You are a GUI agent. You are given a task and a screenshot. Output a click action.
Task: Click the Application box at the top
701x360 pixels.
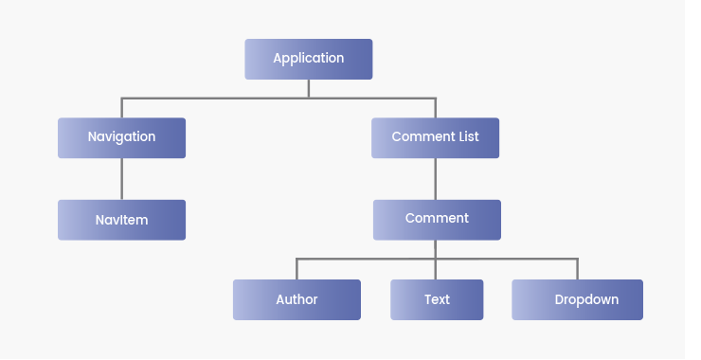coord(308,59)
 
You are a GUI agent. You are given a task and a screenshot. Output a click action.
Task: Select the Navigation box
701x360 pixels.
coord(121,137)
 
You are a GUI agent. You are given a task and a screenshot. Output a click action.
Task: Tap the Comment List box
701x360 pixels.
coord(435,137)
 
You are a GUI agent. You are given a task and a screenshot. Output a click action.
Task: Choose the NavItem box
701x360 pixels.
coord(121,220)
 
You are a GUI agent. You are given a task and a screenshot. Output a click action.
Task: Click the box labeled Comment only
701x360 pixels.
coord(437,219)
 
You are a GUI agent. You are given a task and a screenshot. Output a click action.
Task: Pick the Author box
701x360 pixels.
coord(297,299)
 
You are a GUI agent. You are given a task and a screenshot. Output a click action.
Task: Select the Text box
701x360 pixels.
coord(437,299)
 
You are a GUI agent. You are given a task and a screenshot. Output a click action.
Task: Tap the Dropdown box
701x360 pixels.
coord(577,299)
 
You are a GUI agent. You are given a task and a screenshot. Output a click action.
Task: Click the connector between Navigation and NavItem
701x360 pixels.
coord(121,178)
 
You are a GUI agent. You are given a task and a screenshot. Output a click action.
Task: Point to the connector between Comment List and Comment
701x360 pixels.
coord(436,178)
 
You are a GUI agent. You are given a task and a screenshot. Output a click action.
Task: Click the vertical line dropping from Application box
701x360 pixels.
coord(309,88)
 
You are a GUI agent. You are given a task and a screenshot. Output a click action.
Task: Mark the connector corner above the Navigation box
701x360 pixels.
coord(121,98)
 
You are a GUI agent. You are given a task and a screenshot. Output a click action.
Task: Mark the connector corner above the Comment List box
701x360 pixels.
coord(436,98)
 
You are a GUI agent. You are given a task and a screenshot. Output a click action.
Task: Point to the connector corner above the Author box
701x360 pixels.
coord(297,259)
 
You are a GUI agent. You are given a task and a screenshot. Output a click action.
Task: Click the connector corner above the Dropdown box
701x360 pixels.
coord(577,259)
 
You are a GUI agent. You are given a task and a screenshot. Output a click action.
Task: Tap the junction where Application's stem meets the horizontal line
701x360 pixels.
coord(309,98)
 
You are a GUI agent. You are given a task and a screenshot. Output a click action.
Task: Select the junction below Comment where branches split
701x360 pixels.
coord(436,259)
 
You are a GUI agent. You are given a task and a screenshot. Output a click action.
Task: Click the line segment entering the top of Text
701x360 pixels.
coord(436,270)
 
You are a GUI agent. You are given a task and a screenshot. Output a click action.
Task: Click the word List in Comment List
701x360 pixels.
coord(468,137)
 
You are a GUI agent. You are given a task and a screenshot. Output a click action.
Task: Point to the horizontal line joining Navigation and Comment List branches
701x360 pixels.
coord(218,98)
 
